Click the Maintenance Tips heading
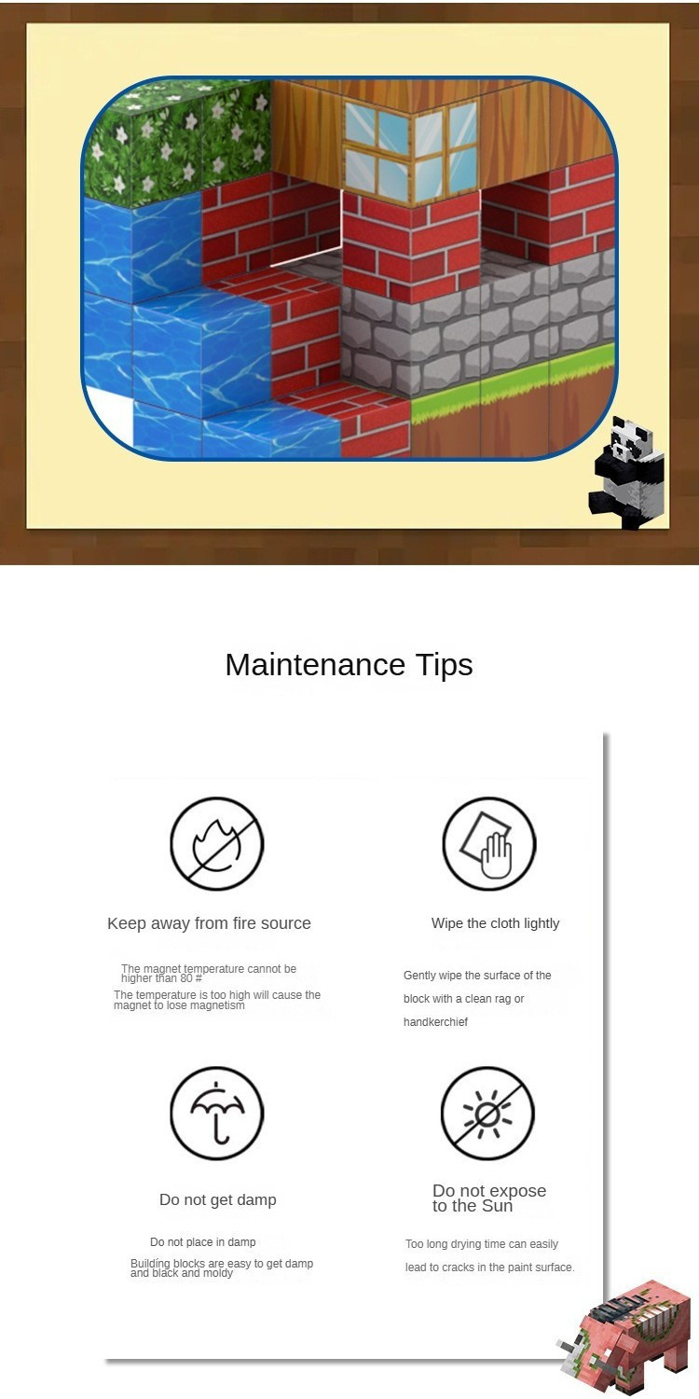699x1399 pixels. pos(349,664)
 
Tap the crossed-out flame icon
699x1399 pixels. pos(217,843)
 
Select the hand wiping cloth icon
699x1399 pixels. pos(489,843)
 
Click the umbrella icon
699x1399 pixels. pos(217,1113)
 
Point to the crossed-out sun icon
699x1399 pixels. pos(488,1113)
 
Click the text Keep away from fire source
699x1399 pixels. pos(209,923)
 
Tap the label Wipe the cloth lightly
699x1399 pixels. pos(496,923)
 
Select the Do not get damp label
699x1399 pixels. pos(218,1199)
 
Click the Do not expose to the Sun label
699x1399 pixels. pos(489,1198)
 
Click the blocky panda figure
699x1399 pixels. pos(626,472)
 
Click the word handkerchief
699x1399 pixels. pos(435,1022)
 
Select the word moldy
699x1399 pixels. pos(218,1273)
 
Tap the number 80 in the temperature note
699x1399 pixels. pos(186,978)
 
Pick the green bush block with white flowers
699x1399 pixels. pos(178,143)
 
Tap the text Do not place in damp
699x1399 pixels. pos(203,1242)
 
